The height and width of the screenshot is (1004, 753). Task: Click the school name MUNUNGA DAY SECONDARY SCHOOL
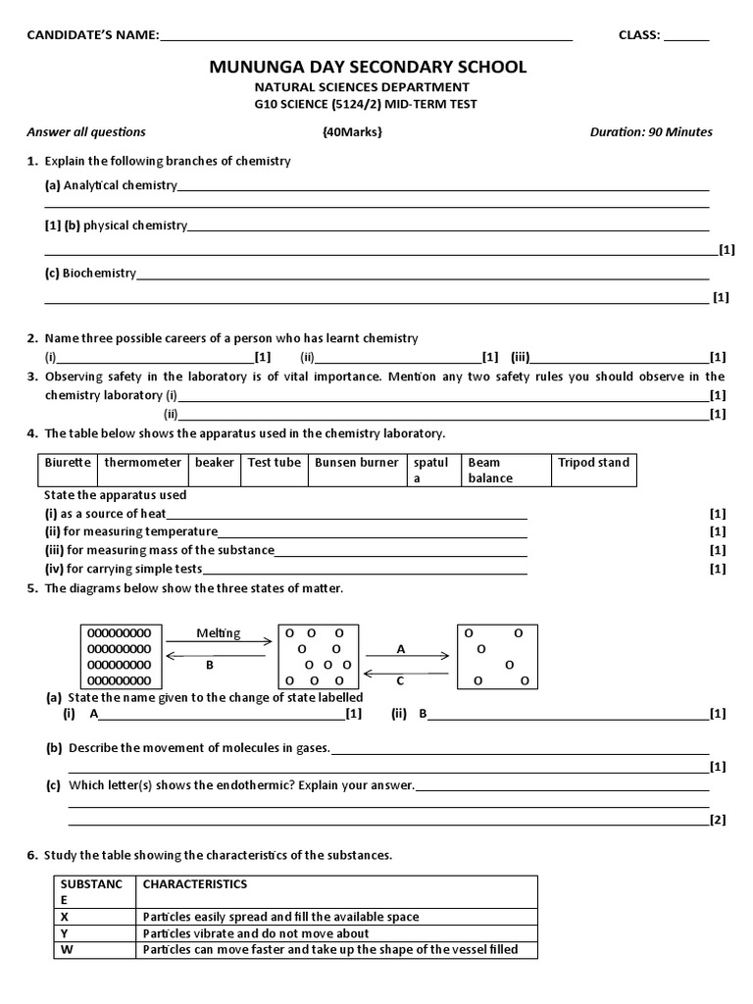(368, 67)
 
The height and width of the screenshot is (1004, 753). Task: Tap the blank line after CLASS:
(686, 37)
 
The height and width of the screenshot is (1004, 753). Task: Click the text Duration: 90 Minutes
(651, 132)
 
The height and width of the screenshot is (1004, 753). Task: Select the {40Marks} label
(351, 132)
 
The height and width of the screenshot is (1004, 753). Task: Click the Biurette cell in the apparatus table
(68, 463)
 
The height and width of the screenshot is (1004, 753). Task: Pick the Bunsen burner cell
(356, 463)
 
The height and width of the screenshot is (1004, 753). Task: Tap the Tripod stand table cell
(593, 463)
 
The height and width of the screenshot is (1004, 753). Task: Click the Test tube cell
(275, 463)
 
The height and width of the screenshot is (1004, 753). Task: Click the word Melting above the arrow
(218, 633)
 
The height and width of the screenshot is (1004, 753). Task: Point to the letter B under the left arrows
(209, 664)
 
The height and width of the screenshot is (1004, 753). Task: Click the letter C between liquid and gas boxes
(400, 680)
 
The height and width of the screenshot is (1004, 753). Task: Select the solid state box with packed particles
(120, 657)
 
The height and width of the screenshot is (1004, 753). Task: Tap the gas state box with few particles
(498, 657)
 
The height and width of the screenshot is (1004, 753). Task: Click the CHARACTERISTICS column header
(195, 884)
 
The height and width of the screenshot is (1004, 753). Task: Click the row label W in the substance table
(67, 949)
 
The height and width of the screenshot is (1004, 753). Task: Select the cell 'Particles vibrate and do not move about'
(256, 932)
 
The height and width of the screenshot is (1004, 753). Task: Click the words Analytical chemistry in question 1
(120, 184)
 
